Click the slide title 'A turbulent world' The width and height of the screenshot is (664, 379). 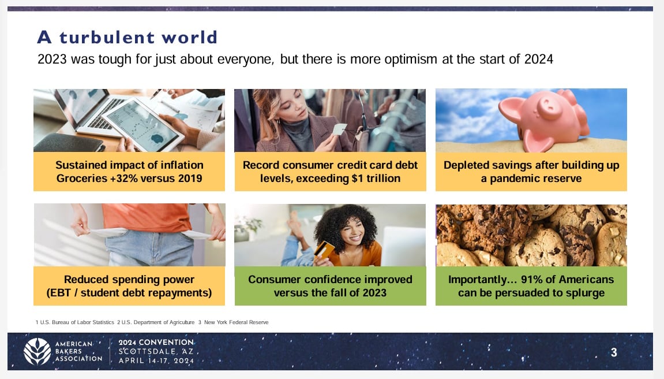pyautogui.click(x=127, y=38)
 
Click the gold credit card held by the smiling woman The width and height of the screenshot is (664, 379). pyautogui.click(x=324, y=251)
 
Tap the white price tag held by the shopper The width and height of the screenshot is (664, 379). pyautogui.click(x=340, y=129)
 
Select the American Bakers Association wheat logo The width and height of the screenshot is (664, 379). pyautogui.click(x=37, y=351)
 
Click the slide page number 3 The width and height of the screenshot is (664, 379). pyautogui.click(x=614, y=352)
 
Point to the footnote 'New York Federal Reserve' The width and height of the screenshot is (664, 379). pyautogui.click(x=237, y=322)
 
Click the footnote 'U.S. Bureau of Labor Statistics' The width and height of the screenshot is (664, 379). pyautogui.click(x=77, y=322)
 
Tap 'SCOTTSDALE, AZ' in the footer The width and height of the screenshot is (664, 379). pyautogui.click(x=156, y=351)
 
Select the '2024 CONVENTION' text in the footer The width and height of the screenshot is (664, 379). pyautogui.click(x=156, y=342)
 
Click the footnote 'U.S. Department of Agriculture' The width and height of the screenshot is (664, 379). pyautogui.click(x=158, y=322)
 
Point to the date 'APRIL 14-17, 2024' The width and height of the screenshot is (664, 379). pyautogui.click(x=156, y=361)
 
